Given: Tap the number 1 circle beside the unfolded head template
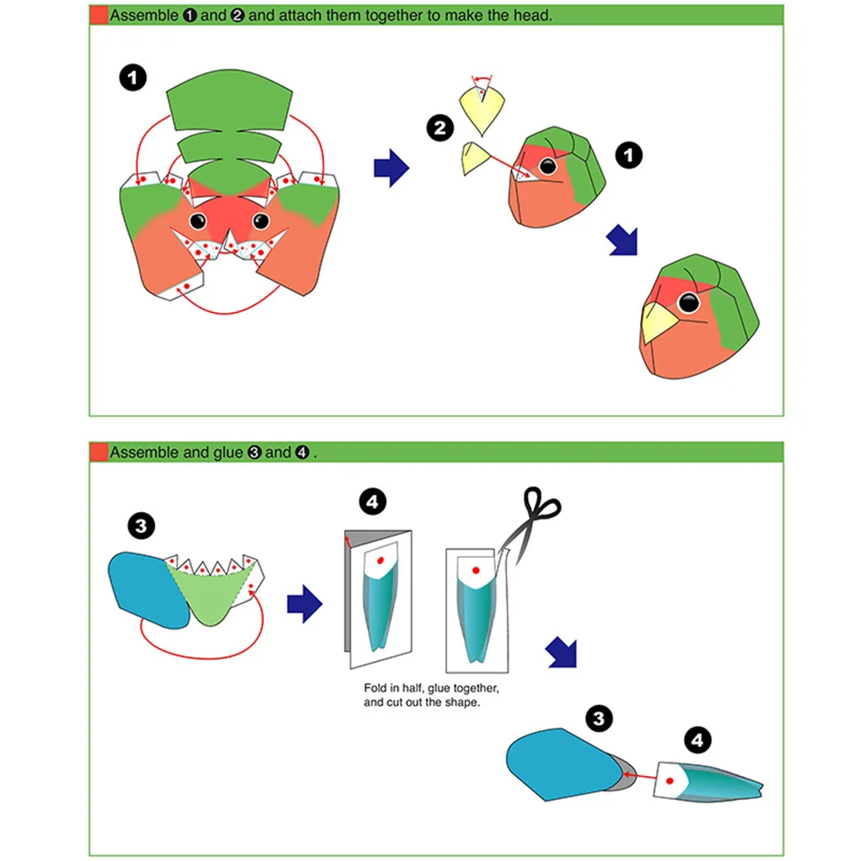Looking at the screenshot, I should click(x=133, y=78).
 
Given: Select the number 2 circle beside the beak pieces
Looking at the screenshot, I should click(x=439, y=129).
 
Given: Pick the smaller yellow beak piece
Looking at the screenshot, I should click(x=473, y=157).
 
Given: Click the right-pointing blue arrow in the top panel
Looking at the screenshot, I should click(x=390, y=169).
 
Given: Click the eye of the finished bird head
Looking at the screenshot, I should click(x=688, y=303).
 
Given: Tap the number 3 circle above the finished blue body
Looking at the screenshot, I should click(x=599, y=718).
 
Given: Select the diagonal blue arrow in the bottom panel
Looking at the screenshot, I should click(x=561, y=654).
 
